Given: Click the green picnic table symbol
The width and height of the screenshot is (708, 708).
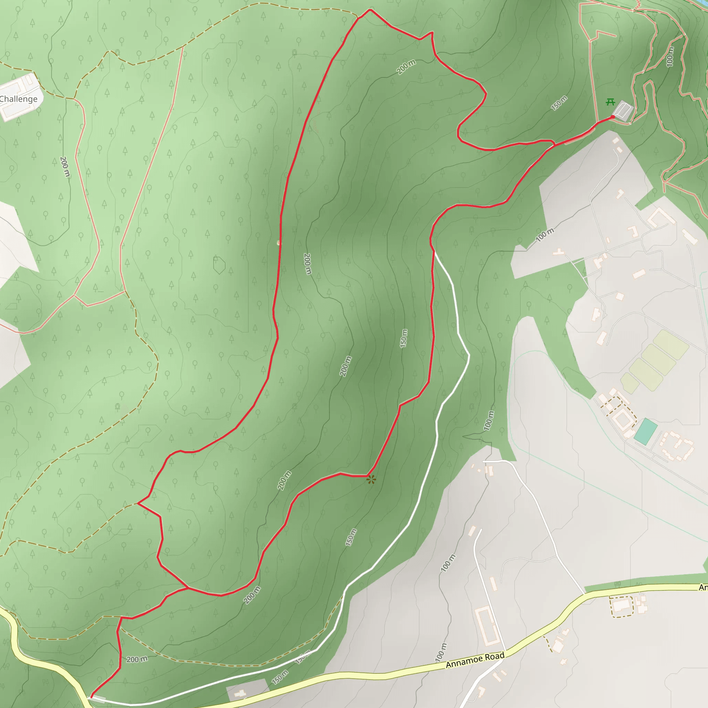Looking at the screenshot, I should click(610, 102).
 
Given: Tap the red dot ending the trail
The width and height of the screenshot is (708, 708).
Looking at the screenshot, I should click(613, 117).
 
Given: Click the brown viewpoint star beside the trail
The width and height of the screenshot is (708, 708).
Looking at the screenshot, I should click(371, 479).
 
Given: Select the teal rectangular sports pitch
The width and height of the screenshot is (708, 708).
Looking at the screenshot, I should click(645, 432).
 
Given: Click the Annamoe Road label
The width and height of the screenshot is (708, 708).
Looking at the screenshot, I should click(475, 660).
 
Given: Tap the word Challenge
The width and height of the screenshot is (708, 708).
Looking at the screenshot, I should click(18, 99).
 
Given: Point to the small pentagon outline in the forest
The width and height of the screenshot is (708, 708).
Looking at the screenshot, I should click(219, 265).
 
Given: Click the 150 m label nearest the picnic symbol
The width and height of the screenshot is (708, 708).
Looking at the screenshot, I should click(559, 103).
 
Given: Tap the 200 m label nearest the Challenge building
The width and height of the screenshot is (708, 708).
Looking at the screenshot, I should click(65, 167).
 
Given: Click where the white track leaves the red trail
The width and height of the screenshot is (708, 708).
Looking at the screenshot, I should click(435, 252).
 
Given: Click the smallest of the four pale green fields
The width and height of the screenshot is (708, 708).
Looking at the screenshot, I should click(630, 383).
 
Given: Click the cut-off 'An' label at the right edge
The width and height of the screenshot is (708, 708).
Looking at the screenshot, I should click(703, 587).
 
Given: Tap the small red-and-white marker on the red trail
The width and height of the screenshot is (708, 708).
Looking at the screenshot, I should click(279, 243).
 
